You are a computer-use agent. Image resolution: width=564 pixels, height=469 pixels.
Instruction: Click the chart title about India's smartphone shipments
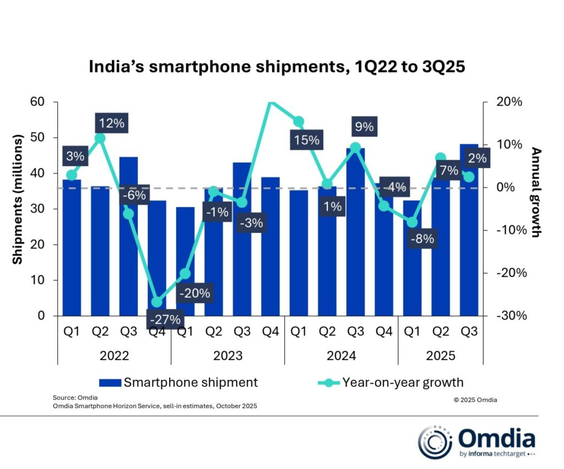coord(277,67)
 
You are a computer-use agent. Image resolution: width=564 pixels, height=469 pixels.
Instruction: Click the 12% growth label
coord(111,123)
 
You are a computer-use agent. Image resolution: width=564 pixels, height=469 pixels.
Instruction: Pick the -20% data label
coord(194,293)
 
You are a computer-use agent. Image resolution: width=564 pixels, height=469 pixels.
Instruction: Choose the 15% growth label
coord(306,140)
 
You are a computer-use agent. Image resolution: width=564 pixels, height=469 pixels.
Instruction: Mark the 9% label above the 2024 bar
coord(364,127)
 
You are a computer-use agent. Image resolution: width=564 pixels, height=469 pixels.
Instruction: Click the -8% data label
coord(422,239)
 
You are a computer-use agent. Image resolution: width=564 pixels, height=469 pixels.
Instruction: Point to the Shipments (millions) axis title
coord(18,200)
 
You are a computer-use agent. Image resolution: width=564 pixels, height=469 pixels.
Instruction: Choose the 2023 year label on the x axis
coord(227,356)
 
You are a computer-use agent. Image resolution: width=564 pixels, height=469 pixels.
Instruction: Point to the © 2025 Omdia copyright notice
coord(475,400)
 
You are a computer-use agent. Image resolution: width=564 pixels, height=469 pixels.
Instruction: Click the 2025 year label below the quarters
coord(441,356)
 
